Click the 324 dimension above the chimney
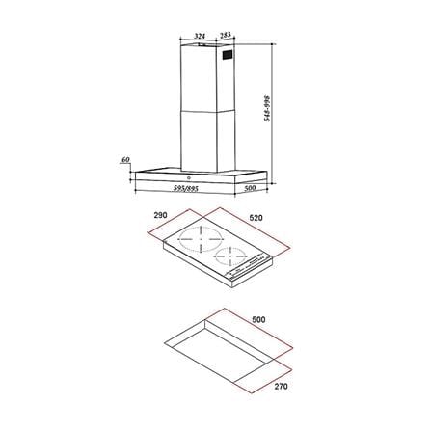[200, 36]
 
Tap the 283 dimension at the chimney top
[226, 35]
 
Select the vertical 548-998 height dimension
[267, 108]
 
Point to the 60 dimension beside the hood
[125, 159]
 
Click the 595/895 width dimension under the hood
[185, 189]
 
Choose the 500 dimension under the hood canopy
[250, 188]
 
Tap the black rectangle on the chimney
[228, 55]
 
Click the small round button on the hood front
[189, 177]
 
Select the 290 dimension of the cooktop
[160, 215]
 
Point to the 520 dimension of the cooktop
[256, 218]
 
